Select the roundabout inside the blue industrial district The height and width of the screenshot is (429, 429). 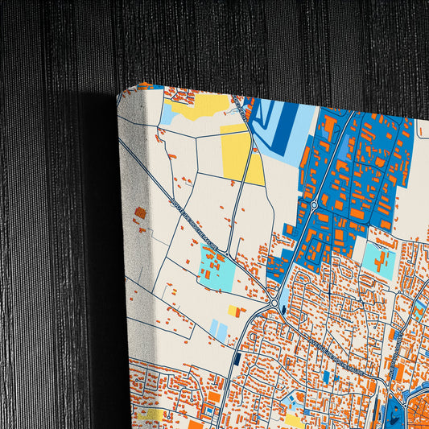(x=313, y=206)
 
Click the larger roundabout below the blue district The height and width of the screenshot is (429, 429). (x=275, y=304)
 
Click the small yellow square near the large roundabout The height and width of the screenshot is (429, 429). (x=233, y=311)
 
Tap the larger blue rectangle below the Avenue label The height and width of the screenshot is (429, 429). (x=326, y=376)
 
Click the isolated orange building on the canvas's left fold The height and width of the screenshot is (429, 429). (x=140, y=213)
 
